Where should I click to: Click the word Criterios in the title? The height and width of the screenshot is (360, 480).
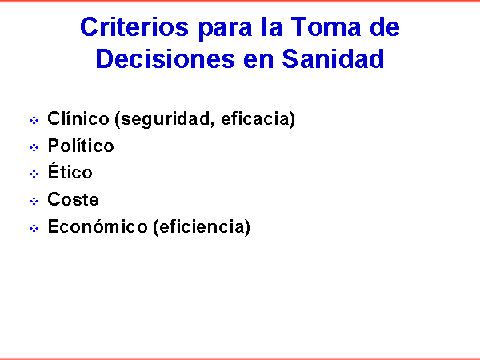134,27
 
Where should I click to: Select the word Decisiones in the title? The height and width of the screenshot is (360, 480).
166,58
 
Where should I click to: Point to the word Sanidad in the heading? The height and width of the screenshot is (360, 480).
333,58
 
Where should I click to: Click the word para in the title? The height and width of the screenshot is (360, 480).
225,29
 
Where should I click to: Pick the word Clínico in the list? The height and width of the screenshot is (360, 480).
78,118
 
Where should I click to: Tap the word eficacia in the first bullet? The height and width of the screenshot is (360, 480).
255,118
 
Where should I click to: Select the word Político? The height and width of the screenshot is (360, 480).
81,146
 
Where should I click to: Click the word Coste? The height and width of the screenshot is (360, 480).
73,199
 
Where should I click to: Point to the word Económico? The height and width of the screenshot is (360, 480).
98,226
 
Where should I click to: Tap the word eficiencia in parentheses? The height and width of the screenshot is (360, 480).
202,226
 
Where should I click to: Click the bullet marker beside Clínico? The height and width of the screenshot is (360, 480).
34,120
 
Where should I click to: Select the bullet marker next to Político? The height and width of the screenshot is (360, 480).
34,147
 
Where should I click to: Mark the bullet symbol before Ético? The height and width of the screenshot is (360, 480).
34,174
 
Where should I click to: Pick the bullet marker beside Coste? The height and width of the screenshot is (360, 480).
34,201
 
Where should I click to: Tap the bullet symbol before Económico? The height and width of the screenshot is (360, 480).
34,228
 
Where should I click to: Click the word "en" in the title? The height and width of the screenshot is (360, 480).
258,61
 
